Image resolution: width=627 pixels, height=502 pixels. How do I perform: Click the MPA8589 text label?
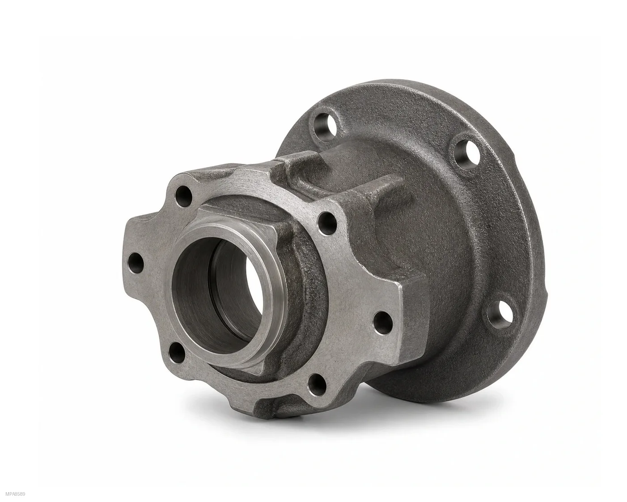point(15,494)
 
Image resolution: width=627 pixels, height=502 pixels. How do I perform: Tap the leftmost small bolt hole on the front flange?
point(136,264)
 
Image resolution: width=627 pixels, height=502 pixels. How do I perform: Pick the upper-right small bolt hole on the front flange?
point(327,224)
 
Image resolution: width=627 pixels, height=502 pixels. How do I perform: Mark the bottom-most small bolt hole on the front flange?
point(317,385)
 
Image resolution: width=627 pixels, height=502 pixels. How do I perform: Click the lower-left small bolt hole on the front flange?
point(177,353)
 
